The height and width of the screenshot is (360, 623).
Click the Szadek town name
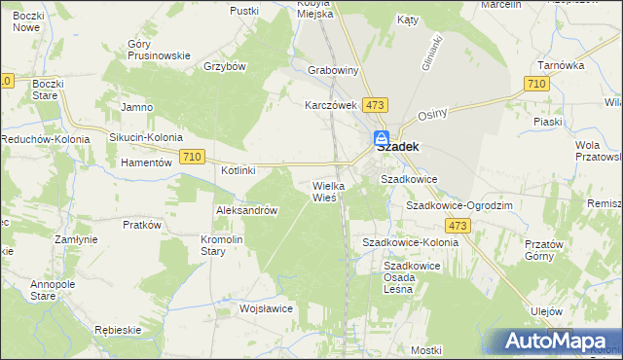pos(397,148)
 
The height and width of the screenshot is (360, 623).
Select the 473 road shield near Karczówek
pos(375,103)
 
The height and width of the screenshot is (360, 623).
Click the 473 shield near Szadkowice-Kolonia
pos(459,226)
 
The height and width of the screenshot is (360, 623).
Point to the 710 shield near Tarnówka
pos(534,86)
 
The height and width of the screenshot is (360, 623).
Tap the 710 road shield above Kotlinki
pos(192,157)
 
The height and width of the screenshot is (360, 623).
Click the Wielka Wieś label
pos(324,191)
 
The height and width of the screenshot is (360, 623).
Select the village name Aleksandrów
pos(247,210)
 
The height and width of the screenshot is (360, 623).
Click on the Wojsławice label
pos(267,308)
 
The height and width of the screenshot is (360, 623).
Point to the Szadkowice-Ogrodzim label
pos(458,206)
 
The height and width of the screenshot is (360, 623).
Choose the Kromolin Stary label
pos(227,244)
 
